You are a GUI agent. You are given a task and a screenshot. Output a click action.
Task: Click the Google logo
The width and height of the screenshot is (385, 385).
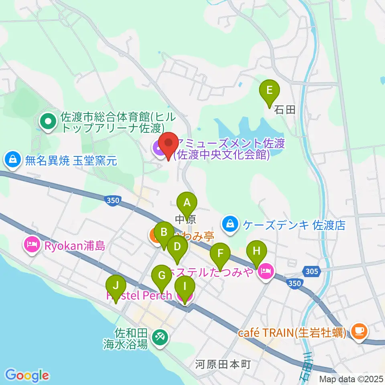27,375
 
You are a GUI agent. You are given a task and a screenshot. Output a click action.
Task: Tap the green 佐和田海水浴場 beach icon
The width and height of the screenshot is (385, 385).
160,336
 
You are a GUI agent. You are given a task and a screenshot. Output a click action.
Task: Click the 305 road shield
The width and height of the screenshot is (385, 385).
311,272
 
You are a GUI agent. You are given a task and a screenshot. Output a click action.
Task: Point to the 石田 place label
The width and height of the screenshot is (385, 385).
285,110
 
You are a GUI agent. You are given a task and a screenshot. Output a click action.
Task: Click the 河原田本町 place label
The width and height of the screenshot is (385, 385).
223,365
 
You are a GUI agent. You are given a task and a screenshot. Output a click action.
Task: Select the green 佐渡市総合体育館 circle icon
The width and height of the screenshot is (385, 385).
48,121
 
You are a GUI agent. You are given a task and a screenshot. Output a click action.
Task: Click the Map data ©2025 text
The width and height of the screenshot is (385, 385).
351,379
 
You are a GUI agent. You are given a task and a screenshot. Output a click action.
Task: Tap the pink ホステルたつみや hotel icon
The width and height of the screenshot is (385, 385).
265,272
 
